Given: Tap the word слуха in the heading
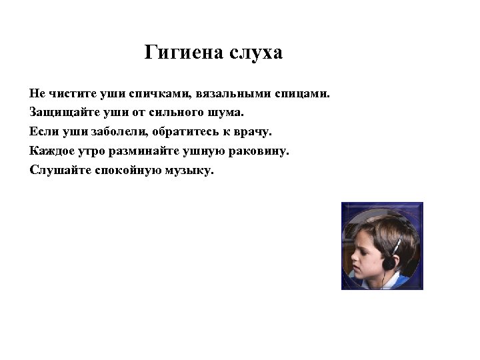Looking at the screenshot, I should (x=256, y=53).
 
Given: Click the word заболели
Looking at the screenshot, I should (x=110, y=131).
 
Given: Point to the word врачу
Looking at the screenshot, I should (x=253, y=131).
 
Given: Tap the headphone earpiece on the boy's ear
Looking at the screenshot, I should (x=388, y=261).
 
